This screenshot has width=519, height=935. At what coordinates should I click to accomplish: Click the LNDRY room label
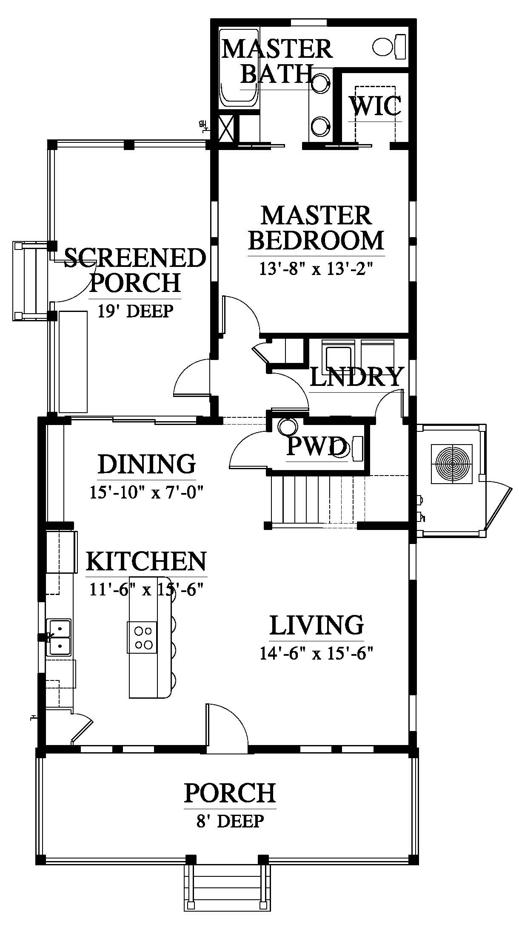click(x=356, y=377)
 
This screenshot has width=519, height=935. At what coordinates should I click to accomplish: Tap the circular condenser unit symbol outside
click(x=452, y=463)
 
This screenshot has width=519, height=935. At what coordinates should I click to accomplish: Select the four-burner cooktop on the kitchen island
click(x=142, y=637)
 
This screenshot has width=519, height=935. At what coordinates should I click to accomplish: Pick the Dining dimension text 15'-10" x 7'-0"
click(x=147, y=493)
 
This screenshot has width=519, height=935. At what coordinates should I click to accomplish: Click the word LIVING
click(x=317, y=625)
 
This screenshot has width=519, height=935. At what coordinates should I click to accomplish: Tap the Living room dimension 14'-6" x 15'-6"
click(x=317, y=653)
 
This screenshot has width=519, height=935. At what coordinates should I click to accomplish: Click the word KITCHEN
click(x=146, y=561)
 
